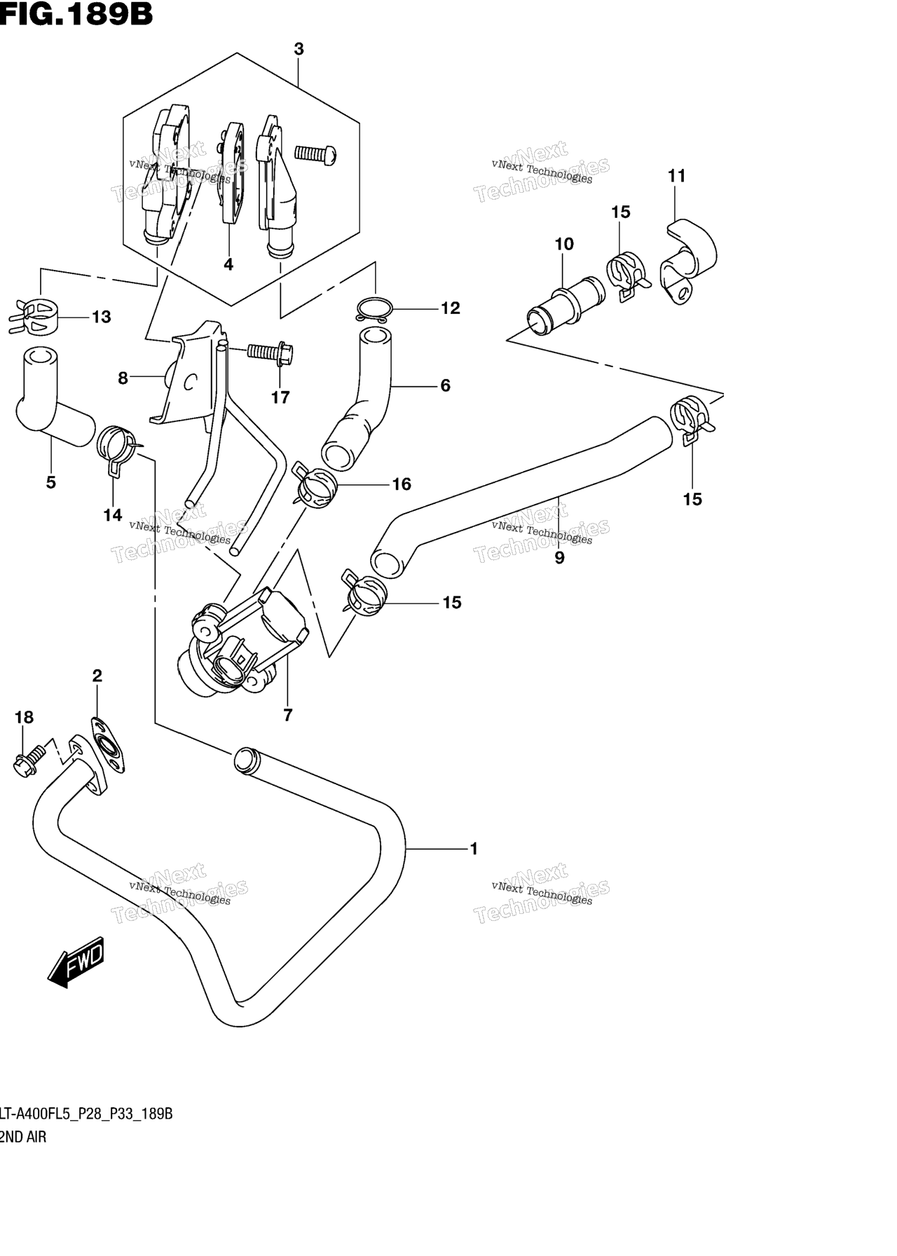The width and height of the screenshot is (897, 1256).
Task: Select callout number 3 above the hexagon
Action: coord(299,49)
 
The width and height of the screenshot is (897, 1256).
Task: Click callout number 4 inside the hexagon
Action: coord(228,264)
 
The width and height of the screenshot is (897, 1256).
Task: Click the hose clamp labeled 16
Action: coord(314,484)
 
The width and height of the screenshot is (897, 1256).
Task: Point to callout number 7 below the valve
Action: coord(287,715)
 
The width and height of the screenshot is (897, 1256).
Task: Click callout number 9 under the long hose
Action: coord(559,558)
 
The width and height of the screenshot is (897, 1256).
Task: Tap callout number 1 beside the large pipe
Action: coord(474,849)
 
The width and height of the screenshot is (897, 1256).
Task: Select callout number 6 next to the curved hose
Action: coord(445,385)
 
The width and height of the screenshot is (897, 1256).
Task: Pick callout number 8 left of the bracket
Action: coord(123,378)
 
